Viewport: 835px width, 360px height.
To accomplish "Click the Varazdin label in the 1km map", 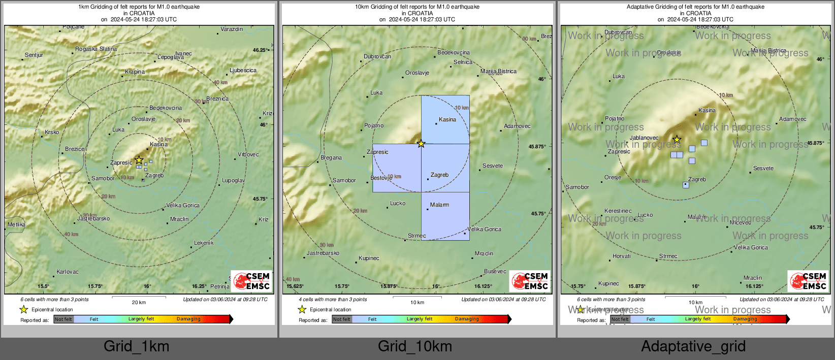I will [232, 29].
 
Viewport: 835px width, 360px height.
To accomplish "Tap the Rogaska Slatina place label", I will [96, 49].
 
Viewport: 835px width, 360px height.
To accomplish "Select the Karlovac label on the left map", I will [68, 272].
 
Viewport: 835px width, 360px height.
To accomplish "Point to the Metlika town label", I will [16, 224].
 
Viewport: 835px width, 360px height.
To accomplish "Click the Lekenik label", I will [204, 243].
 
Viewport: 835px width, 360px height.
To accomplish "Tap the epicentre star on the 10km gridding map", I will [421, 144].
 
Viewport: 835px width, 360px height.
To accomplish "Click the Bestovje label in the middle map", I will [381, 178].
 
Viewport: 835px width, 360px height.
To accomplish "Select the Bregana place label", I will [331, 157].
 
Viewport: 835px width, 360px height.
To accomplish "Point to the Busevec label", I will [495, 271].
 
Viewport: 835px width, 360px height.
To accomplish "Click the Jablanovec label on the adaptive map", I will [644, 138].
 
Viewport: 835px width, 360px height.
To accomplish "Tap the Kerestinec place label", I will [618, 211].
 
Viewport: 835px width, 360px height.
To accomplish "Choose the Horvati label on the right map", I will [622, 256].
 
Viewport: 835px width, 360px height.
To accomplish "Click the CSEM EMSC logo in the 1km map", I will [251, 281].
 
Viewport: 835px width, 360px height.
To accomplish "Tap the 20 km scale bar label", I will [139, 302].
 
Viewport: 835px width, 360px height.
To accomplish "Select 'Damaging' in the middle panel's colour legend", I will [467, 319].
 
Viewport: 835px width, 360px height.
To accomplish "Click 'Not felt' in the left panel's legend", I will [63, 319].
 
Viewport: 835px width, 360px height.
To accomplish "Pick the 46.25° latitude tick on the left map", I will [260, 50].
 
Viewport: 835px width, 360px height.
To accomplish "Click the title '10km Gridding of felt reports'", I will [417, 7].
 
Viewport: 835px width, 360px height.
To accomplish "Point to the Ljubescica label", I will [243, 70].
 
